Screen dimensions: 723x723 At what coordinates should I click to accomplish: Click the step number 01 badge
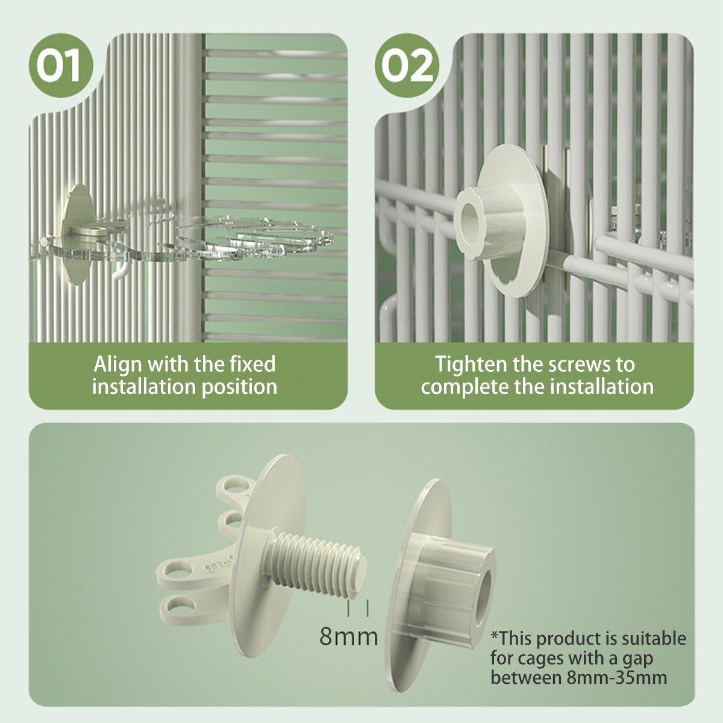[60, 66]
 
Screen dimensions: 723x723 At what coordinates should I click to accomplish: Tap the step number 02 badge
[407, 66]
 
